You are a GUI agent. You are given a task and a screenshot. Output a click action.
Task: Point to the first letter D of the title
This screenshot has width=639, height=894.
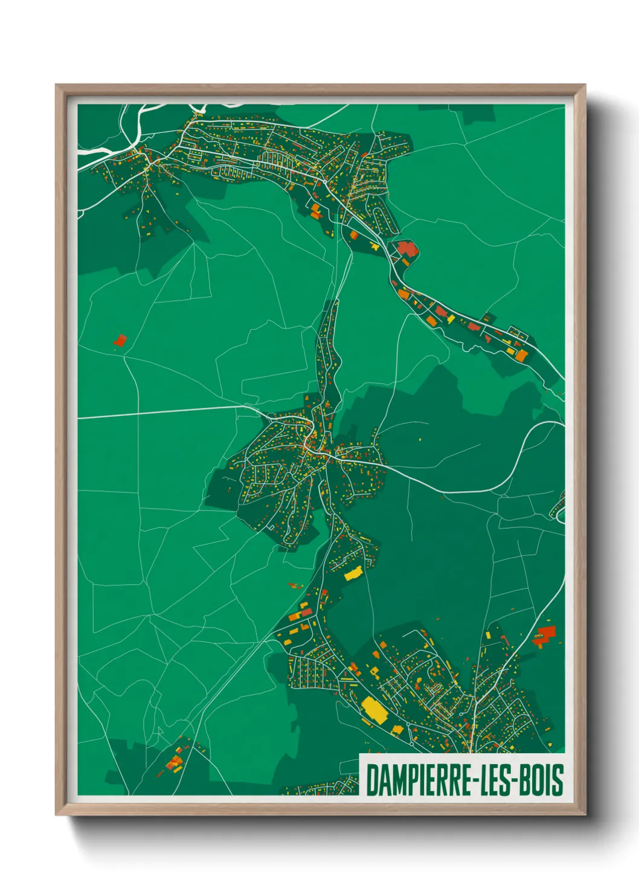click(371, 780)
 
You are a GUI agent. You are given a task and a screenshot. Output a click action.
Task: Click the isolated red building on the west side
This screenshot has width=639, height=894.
click(120, 341)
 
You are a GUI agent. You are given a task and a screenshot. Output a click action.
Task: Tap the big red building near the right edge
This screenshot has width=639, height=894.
click(545, 634)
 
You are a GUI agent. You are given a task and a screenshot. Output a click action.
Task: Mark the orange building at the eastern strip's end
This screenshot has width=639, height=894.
click(520, 355)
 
